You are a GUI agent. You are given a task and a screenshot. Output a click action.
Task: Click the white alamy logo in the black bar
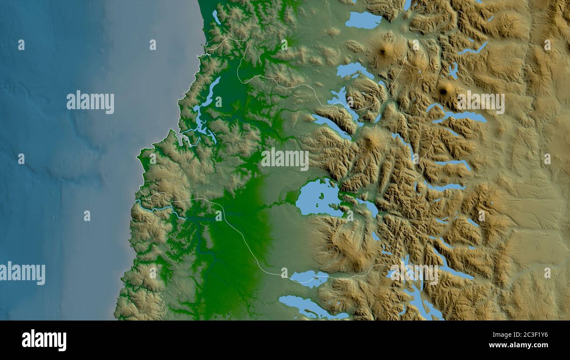(44, 340)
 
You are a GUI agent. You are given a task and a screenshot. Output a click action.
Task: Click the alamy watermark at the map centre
(285, 159)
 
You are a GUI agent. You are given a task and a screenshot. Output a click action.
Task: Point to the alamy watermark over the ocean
(90, 102)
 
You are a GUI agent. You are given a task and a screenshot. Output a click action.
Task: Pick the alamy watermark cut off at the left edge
(22, 273)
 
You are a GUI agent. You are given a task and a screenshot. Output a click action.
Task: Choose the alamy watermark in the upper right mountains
(481, 103)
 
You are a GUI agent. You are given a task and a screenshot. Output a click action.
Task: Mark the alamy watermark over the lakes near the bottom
(414, 274)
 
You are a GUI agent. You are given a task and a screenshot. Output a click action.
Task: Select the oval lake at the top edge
(363, 20)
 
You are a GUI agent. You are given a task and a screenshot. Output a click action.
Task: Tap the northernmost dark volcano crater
(382, 52)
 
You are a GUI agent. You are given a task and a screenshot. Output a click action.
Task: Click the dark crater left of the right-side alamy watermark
(443, 91)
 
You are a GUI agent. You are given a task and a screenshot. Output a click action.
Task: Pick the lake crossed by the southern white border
(309, 278)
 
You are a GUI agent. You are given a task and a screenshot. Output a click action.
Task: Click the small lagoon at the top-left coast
(216, 17)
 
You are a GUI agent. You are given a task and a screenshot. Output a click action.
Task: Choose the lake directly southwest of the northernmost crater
(354, 70)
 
